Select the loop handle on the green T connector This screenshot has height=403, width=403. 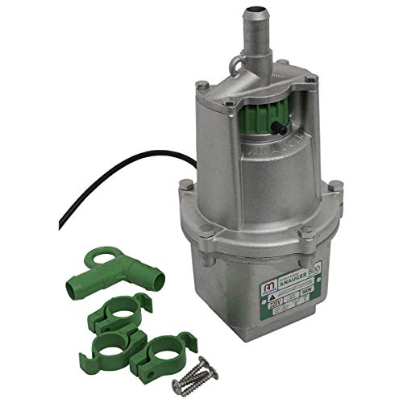click(100, 256)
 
